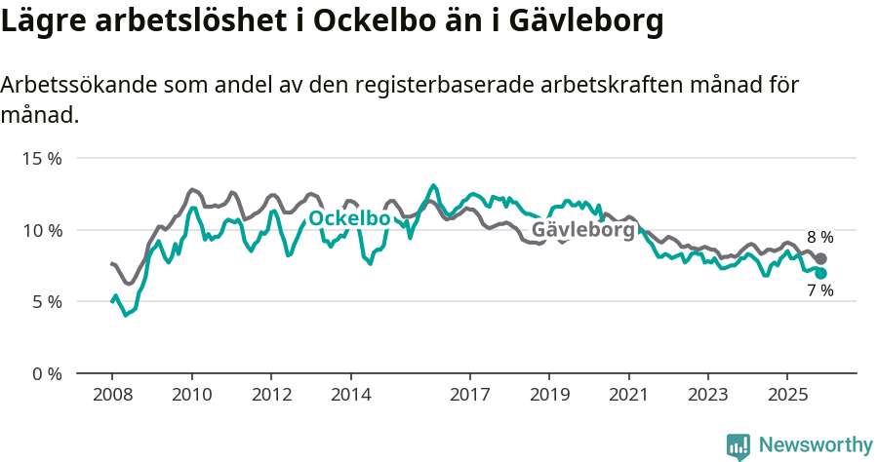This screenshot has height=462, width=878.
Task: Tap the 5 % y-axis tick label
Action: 47,302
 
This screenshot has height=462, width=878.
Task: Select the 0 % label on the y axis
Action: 47,374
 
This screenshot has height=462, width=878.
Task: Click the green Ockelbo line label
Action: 349,219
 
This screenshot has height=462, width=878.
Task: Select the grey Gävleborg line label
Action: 583,230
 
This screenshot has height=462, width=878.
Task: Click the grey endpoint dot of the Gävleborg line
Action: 820,258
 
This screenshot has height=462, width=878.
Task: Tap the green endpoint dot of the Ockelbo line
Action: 820,274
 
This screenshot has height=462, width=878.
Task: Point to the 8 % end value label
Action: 819,237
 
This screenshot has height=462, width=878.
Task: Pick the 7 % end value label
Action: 819,290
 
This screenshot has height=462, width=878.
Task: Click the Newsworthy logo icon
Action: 738,446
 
